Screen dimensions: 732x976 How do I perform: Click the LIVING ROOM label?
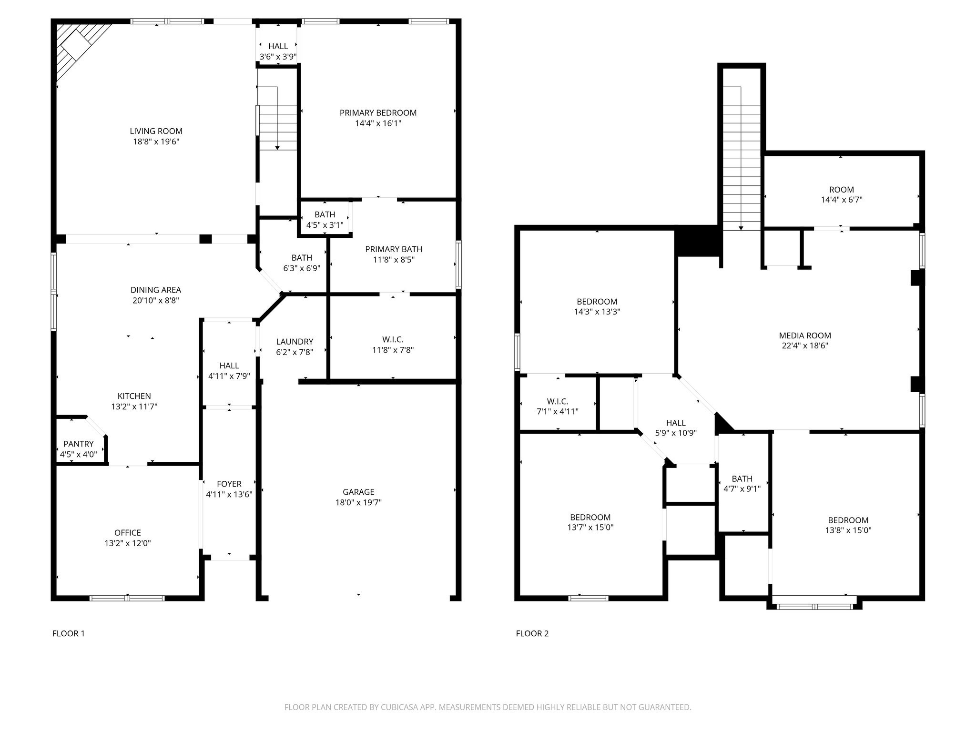pos(156,131)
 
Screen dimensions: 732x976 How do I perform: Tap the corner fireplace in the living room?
pos(76,48)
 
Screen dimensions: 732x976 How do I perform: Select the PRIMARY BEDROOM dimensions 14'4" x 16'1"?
pos(378,123)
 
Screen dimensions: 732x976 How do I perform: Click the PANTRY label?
pos(79,444)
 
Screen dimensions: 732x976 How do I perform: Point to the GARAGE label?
pos(358,492)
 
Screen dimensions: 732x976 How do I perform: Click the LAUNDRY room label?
pos(295,342)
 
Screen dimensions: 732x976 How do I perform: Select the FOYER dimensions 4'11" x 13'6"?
pos(229,495)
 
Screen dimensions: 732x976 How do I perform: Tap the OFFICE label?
pos(128,533)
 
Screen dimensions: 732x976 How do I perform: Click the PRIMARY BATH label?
pos(394,249)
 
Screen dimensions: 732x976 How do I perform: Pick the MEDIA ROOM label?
pos(805,335)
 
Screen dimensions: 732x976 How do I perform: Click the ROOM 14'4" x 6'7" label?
pos(841,190)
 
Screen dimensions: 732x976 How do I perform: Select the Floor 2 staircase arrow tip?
pos(741,228)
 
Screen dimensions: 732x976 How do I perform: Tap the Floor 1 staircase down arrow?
pos(277,148)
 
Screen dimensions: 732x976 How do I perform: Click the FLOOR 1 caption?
pos(68,633)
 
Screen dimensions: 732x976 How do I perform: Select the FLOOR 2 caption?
pos(532,633)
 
